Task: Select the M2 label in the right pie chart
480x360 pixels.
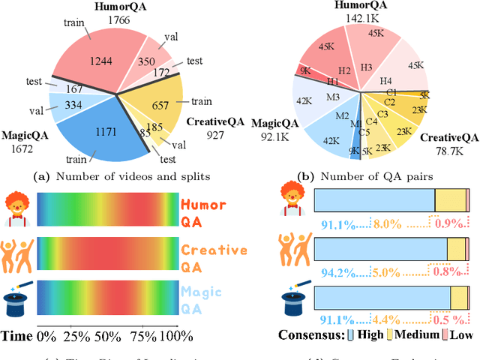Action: [341, 116]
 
